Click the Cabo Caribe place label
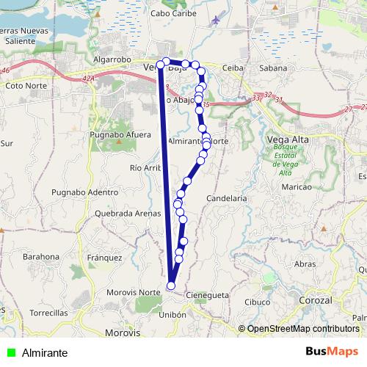[x=170, y=13]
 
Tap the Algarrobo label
[x=112, y=59]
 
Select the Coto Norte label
[x=26, y=85]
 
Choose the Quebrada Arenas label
[x=128, y=213]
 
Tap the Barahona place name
[x=41, y=257]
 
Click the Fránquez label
[x=104, y=258]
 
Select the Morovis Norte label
[x=139, y=292]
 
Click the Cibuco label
[x=258, y=301]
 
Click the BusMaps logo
[x=332, y=352]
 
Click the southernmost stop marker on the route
[x=171, y=286]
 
